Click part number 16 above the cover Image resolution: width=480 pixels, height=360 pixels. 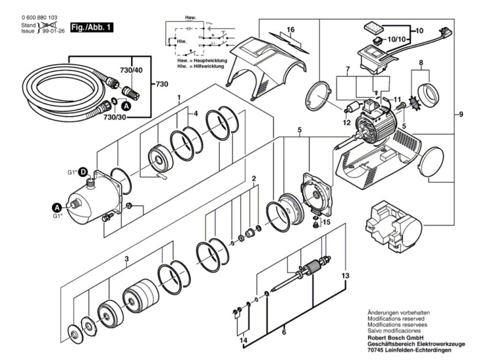pos(291,30)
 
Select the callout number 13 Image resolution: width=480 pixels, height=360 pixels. pos(345,275)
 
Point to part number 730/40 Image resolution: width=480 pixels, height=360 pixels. pos(132,70)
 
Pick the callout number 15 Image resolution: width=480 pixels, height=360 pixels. pos(327,222)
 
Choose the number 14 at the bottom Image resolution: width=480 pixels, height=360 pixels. pos(243,340)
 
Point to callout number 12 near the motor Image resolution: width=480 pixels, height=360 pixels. pos(346,123)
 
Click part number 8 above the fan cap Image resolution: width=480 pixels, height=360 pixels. pos(421,62)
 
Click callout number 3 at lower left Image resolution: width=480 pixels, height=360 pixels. pos(127,259)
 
